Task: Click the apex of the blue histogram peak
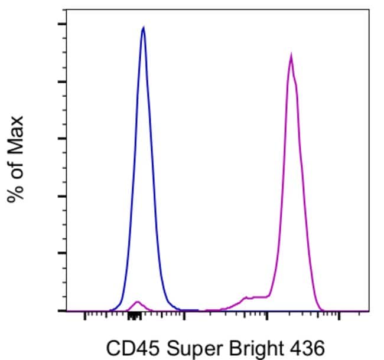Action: [x=143, y=27]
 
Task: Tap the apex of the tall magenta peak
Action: [x=291, y=55]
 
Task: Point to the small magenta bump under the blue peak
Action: [x=138, y=302]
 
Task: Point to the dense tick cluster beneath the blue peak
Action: [x=135, y=316]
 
